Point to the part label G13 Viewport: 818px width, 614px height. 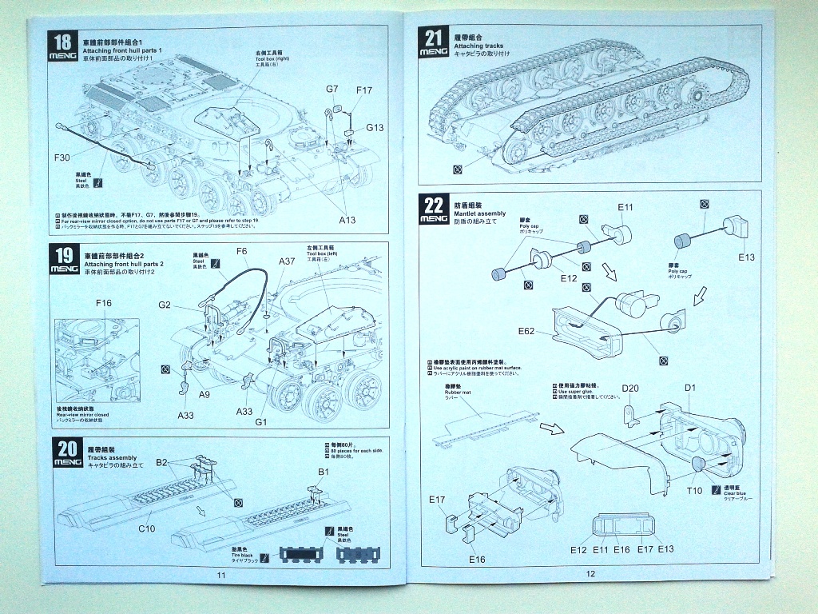click(375, 127)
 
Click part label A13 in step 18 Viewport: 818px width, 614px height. click(347, 219)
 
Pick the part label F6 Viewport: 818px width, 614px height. click(242, 252)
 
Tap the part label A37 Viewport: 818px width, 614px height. click(287, 261)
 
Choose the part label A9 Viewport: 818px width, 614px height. click(205, 394)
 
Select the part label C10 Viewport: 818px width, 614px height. click(146, 528)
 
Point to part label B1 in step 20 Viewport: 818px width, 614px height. click(324, 472)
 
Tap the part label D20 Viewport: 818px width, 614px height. click(630, 389)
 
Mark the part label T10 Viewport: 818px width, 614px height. click(694, 490)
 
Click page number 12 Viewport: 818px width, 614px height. click(590, 573)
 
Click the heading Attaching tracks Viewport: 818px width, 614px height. click(478, 46)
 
